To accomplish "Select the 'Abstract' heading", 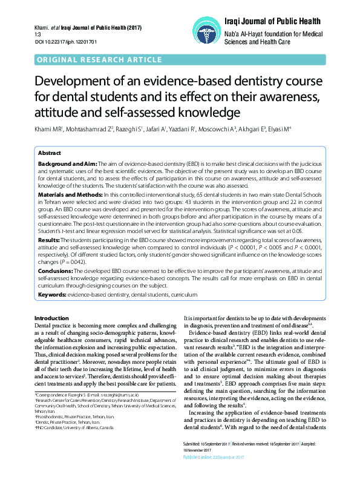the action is point(50,154).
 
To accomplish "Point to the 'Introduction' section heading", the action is point(52,318).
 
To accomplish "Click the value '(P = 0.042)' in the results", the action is point(80,263).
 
